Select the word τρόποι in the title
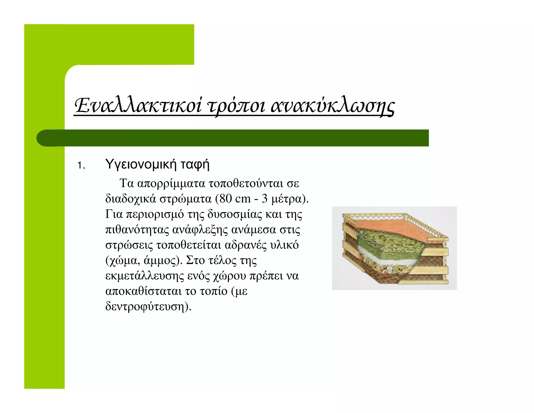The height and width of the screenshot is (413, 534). (236, 107)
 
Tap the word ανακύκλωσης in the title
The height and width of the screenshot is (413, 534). (332, 107)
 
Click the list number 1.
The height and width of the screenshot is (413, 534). (81, 166)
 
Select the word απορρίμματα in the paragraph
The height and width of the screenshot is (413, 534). (171, 184)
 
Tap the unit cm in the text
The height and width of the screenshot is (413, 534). (242, 199)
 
